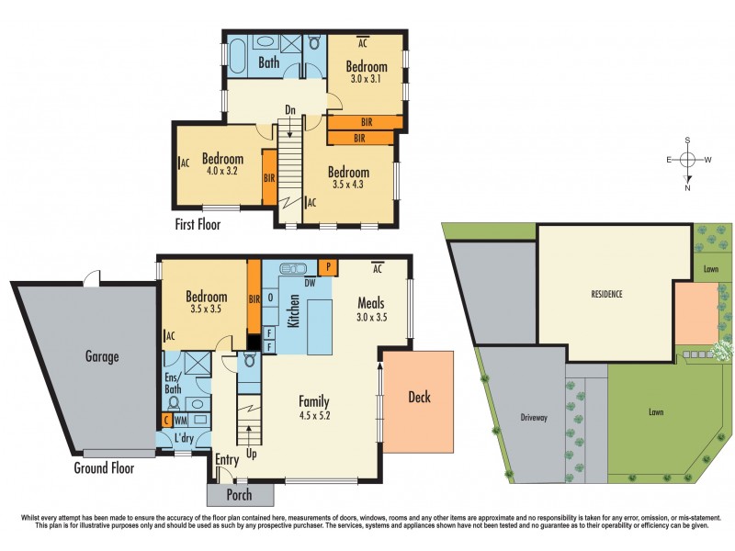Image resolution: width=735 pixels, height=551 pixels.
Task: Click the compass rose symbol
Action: pyautogui.click(x=687, y=160)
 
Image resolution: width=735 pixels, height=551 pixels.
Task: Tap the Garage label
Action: pyautogui.click(x=103, y=356)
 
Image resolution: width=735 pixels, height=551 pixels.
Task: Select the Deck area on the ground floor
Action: pyautogui.click(x=418, y=398)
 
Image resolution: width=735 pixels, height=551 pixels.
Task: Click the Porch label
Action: pyautogui.click(x=240, y=496)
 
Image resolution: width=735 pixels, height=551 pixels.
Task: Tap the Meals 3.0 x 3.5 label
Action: pyautogui.click(x=370, y=310)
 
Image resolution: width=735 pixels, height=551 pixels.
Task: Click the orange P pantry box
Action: pyautogui.click(x=328, y=267)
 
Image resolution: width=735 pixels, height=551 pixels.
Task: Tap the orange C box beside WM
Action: pyautogui.click(x=166, y=420)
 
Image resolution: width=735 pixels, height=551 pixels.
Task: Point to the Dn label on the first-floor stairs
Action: pyautogui.click(x=289, y=110)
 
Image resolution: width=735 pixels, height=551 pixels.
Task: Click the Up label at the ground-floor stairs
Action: pyautogui.click(x=252, y=453)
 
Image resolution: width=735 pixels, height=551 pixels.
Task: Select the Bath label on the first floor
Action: pyautogui.click(x=268, y=63)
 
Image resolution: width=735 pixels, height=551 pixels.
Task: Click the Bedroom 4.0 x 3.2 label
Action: pyautogui.click(x=222, y=164)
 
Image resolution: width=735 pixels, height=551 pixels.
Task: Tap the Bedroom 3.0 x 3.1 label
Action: pyautogui.click(x=366, y=73)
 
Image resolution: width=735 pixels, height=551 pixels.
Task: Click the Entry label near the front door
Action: pyautogui.click(x=227, y=459)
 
